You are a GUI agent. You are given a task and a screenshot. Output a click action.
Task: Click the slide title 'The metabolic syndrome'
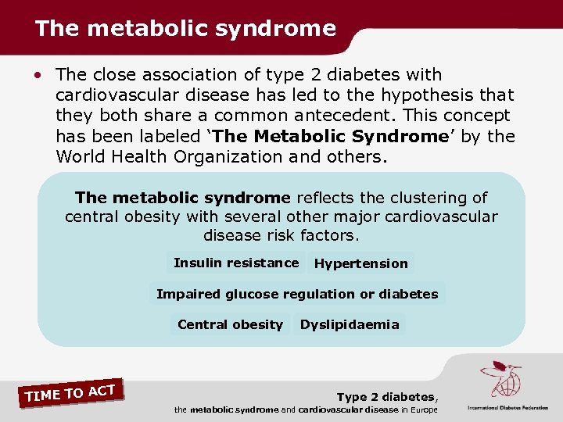pyautogui.click(x=185, y=29)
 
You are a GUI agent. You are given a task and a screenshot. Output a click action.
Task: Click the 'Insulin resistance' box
pyautogui.click(x=235, y=263)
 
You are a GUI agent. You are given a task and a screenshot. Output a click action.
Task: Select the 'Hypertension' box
pyautogui.click(x=360, y=264)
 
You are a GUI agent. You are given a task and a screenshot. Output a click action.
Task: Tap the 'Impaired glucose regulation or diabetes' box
pyautogui.click(x=297, y=294)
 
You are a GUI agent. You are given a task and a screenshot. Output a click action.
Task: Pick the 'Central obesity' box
pyautogui.click(x=230, y=324)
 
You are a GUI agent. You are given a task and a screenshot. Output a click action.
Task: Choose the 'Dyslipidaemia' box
pyautogui.click(x=350, y=324)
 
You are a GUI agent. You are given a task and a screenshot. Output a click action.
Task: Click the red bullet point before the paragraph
pyautogui.click(x=39, y=76)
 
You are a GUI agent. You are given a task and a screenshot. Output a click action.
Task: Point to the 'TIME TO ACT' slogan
pyautogui.click(x=70, y=392)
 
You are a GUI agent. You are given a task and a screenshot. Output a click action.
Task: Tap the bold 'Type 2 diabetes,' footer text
pyautogui.click(x=387, y=397)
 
